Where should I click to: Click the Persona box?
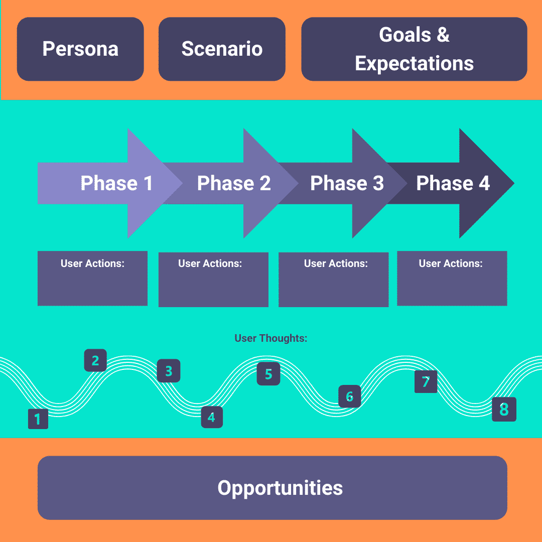pyautogui.click(x=80, y=49)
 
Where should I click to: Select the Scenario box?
pyautogui.click(x=222, y=49)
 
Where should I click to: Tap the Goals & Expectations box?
pyautogui.click(x=414, y=49)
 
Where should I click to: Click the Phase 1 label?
pyautogui.click(x=116, y=183)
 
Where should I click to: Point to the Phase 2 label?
pyautogui.click(x=234, y=183)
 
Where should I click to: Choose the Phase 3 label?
pyautogui.click(x=347, y=183)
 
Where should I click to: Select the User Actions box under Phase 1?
pyautogui.click(x=92, y=278)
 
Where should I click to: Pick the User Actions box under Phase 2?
pyautogui.click(x=213, y=279)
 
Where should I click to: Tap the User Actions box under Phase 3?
pyautogui.click(x=333, y=279)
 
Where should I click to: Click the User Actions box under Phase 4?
pyautogui.click(x=452, y=278)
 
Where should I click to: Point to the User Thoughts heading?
pyautogui.click(x=270, y=338)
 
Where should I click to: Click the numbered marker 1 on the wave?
pyautogui.click(x=38, y=419)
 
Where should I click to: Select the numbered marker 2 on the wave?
pyautogui.click(x=95, y=360)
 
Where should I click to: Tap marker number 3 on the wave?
pyautogui.click(x=168, y=371)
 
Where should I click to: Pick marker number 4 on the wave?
pyautogui.click(x=211, y=417)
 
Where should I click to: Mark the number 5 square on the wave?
pyautogui.click(x=268, y=374)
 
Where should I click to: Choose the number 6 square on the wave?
pyautogui.click(x=349, y=396)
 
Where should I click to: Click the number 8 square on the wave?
pyautogui.click(x=504, y=410)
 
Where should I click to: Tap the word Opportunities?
pyautogui.click(x=280, y=488)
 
